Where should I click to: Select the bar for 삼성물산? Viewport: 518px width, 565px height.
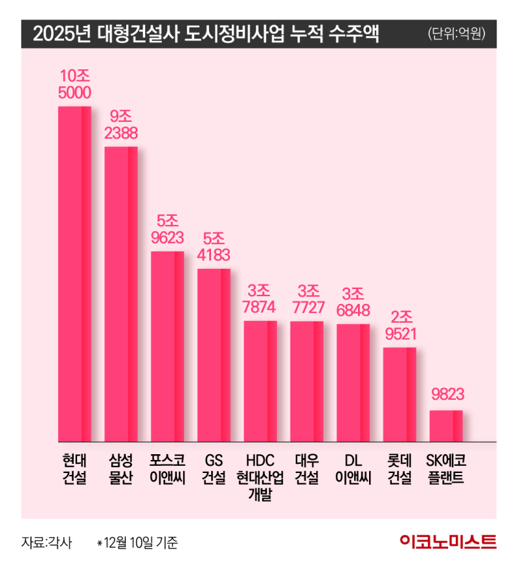(x=121, y=294)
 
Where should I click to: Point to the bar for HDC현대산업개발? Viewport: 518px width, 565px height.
(x=260, y=381)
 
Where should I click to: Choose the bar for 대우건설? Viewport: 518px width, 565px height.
(x=306, y=381)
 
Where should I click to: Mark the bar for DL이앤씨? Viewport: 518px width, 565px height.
(x=353, y=382)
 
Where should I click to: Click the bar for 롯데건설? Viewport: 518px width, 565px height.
(x=400, y=394)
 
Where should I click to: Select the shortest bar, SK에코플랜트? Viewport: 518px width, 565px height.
(x=446, y=425)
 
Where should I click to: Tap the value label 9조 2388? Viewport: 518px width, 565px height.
(x=121, y=124)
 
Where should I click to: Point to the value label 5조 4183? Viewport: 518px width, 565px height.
(x=214, y=246)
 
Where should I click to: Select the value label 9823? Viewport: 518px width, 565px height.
(x=446, y=393)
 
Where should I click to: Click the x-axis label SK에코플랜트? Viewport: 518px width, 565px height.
(x=446, y=470)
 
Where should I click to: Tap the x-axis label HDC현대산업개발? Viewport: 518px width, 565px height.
(x=260, y=478)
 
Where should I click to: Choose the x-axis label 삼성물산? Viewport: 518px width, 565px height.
(x=121, y=470)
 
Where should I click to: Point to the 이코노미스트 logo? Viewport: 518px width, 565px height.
(x=447, y=541)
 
